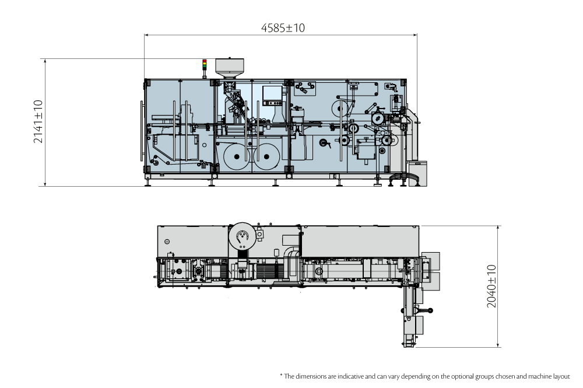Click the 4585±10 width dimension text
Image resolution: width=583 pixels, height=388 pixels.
[x=283, y=27]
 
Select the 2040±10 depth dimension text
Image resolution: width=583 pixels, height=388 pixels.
[x=491, y=286]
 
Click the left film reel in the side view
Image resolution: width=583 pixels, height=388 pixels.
[x=236, y=156]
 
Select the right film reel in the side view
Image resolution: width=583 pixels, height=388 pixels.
[x=269, y=156]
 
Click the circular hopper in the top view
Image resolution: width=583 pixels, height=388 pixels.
[x=241, y=236]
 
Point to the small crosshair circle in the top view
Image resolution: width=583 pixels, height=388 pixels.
[x=167, y=241]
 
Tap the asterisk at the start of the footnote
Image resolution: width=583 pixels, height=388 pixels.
[x=281, y=375]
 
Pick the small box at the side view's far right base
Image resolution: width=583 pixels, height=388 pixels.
[x=417, y=173]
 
